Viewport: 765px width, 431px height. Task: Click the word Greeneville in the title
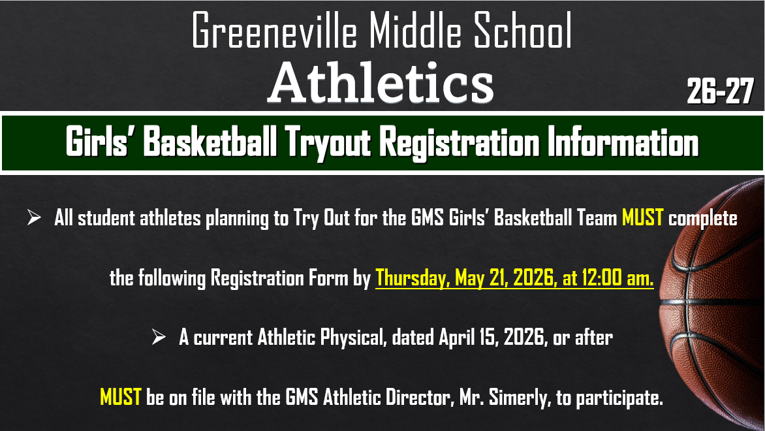click(x=275, y=31)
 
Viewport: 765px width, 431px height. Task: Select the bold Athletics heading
click(x=381, y=83)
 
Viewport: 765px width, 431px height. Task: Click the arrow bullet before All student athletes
click(x=34, y=218)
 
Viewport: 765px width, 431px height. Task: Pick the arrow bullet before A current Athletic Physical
click(x=159, y=338)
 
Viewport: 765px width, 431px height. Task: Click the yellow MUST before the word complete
click(x=643, y=218)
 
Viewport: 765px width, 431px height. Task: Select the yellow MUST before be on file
click(x=121, y=397)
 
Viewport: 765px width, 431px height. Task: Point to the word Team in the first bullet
click(x=593, y=218)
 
